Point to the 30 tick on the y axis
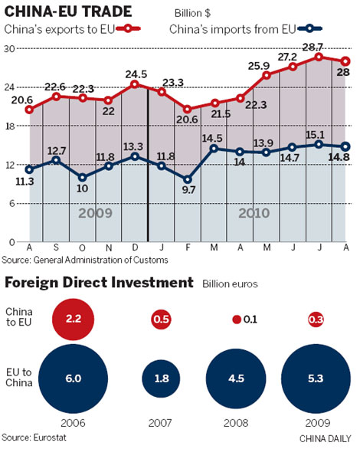[x=10, y=48]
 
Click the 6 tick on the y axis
[x=13, y=203]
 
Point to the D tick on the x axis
[x=136, y=247]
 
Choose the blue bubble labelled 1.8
[x=161, y=377]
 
